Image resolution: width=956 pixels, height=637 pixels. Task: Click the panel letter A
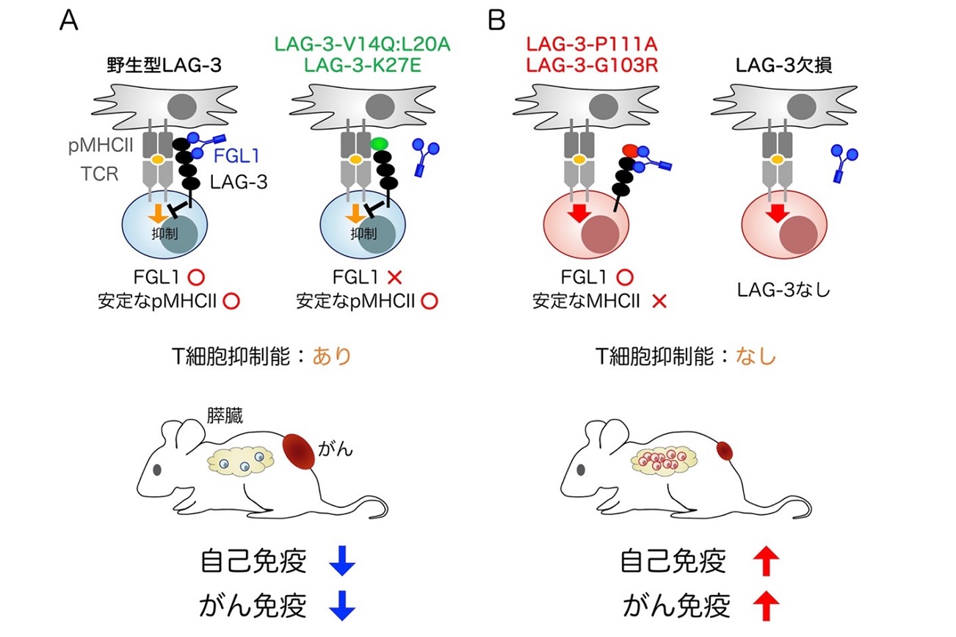pyautogui.click(x=69, y=20)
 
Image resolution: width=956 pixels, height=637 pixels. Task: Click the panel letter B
pyautogui.click(x=496, y=20)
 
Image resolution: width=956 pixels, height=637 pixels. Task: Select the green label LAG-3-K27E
pyautogui.click(x=362, y=65)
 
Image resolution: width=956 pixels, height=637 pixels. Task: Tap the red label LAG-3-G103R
pyautogui.click(x=592, y=65)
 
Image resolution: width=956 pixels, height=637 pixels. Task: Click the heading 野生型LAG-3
pyautogui.click(x=164, y=65)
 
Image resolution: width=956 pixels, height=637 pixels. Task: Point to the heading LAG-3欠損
pyautogui.click(x=784, y=65)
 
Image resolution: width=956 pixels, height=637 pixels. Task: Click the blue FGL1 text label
pyautogui.click(x=236, y=156)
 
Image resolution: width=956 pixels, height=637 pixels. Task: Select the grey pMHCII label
pyautogui.click(x=101, y=146)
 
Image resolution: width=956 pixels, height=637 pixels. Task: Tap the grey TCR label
pyautogui.click(x=99, y=174)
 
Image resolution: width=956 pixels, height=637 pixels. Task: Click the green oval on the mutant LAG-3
pyautogui.click(x=380, y=144)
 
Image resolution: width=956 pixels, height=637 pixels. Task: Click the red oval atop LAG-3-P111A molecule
pyautogui.click(x=630, y=150)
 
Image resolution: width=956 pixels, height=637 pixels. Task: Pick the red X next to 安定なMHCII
pyautogui.click(x=659, y=302)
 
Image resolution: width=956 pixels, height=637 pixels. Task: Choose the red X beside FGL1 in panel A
pyautogui.click(x=395, y=277)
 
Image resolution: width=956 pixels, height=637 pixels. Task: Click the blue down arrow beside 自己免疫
pyautogui.click(x=342, y=560)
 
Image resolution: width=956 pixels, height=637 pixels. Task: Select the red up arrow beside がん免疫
pyautogui.click(x=766, y=605)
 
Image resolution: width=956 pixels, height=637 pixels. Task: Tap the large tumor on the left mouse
pyautogui.click(x=299, y=451)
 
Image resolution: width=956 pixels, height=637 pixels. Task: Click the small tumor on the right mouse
pyautogui.click(x=724, y=451)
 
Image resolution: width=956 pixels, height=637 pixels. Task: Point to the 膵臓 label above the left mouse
pyautogui.click(x=225, y=415)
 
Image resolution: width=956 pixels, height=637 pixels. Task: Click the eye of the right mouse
pyautogui.click(x=581, y=470)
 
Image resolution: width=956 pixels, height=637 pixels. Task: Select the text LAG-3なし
pyautogui.click(x=783, y=290)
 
